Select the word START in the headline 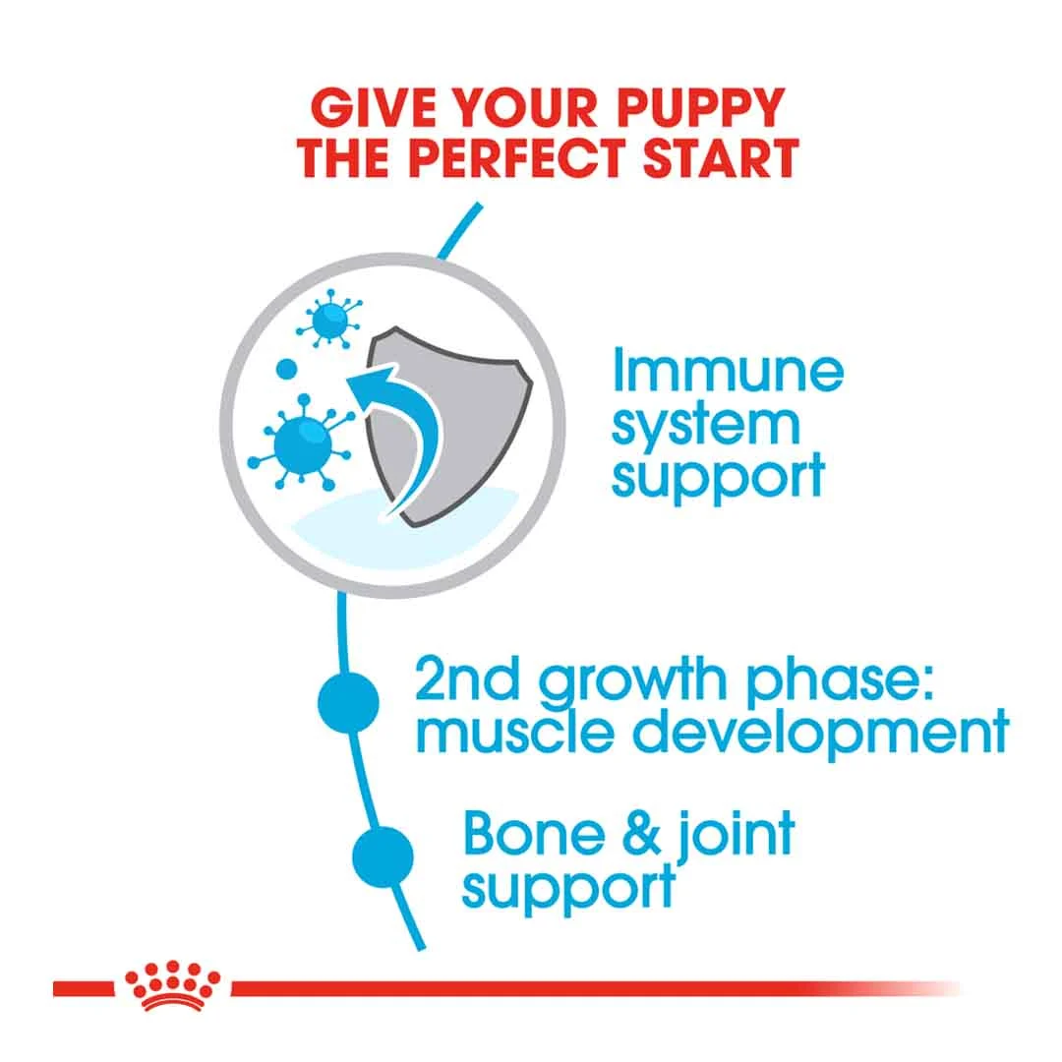pos(721,157)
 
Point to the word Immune pos(728,371)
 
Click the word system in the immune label pos(706,426)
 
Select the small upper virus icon pos(329,319)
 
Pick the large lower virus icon pos(302,442)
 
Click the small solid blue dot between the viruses pos(287,369)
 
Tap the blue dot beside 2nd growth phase pos(349,702)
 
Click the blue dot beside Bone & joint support pos(383,856)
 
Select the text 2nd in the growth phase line pos(467,679)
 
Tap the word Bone pos(534,834)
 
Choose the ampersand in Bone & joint pos(641,835)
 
